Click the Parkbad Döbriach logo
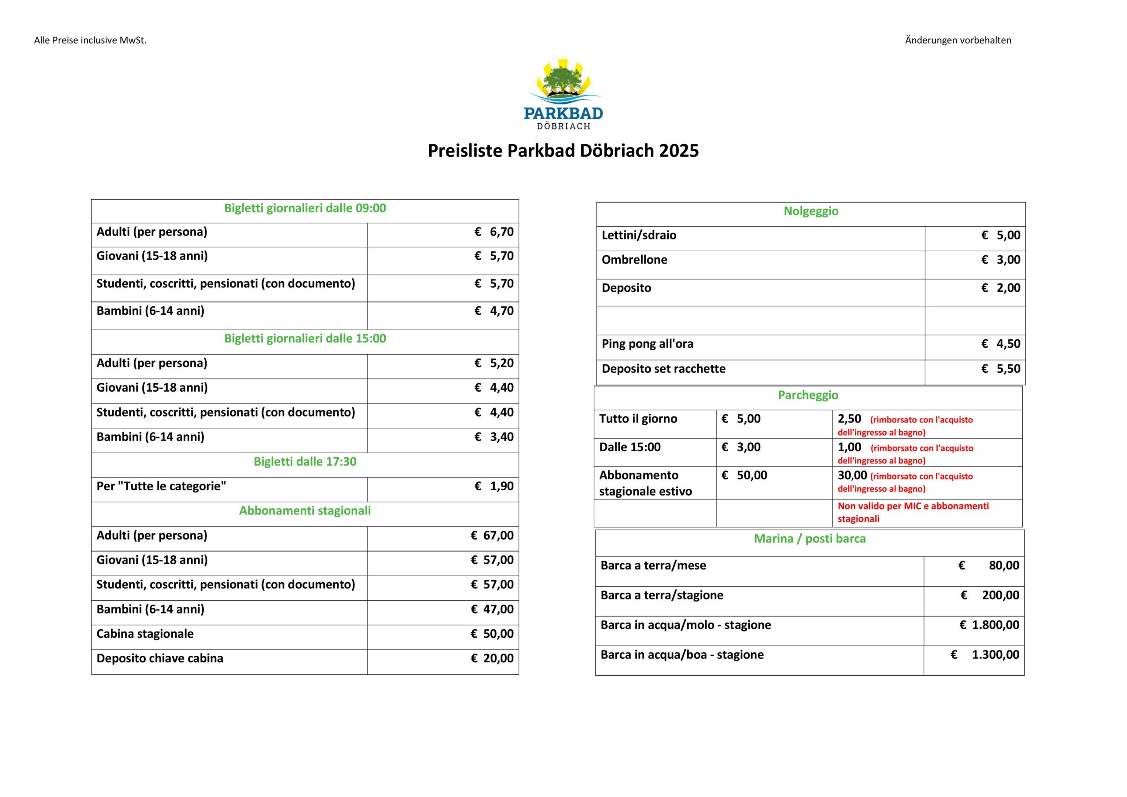pos(563,94)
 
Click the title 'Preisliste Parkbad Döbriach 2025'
pos(563,151)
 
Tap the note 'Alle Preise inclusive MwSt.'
pos(90,40)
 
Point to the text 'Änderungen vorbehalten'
pos(958,40)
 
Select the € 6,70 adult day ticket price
pos(494,232)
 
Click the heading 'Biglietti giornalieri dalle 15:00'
pos(305,338)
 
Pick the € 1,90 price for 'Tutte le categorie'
pos(494,486)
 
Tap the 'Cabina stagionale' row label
pos(145,634)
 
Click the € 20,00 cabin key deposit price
pos(492,659)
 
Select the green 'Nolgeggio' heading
pos(811,212)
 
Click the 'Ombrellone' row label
pos(634,260)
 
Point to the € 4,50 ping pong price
pos(1000,344)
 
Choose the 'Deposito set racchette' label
pos(663,369)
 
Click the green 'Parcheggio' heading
pos(808,396)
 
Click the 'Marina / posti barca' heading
pos(810,539)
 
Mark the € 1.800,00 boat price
pos(989,625)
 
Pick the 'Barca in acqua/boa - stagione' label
pos(682,655)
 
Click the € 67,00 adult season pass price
pos(492,536)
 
